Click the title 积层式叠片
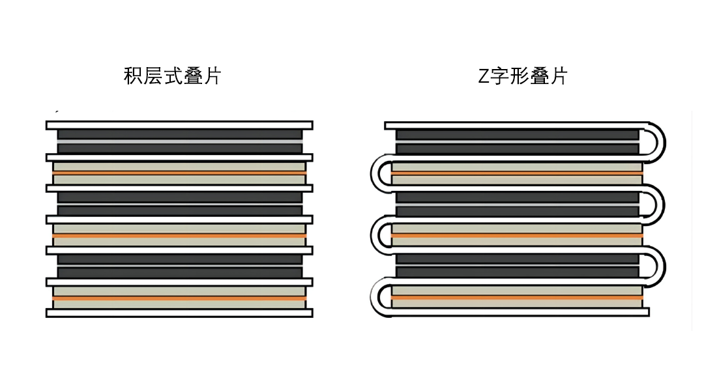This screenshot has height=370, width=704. point(173,76)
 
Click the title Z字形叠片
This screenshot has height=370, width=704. point(523,76)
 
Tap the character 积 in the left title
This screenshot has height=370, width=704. point(133,76)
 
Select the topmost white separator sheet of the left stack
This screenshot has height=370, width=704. point(179,125)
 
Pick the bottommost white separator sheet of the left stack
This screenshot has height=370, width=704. point(179,313)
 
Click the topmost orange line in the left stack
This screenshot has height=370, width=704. point(179,173)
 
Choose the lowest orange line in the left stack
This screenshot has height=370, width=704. point(179,298)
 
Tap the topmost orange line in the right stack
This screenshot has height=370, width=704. point(517,173)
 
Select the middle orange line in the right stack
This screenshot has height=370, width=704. point(517,235)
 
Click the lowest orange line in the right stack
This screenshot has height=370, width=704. point(517,297)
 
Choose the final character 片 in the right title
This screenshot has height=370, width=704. point(558,76)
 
